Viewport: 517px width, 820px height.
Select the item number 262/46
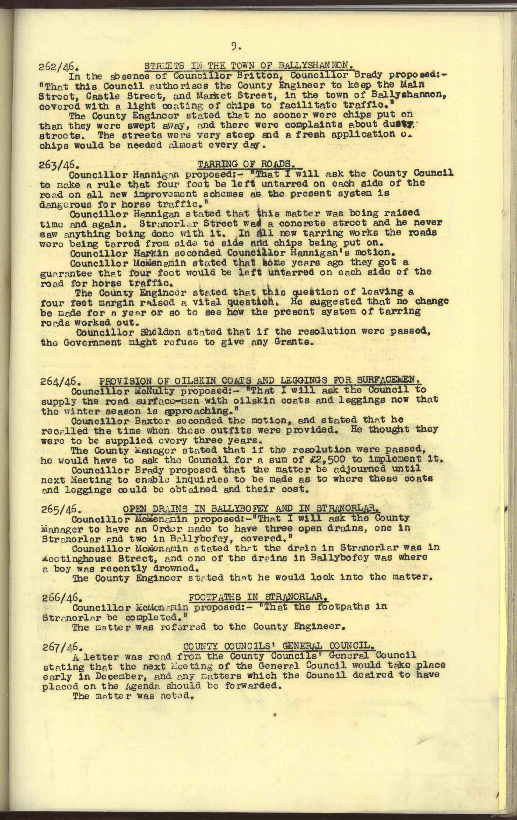tap(59, 66)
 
